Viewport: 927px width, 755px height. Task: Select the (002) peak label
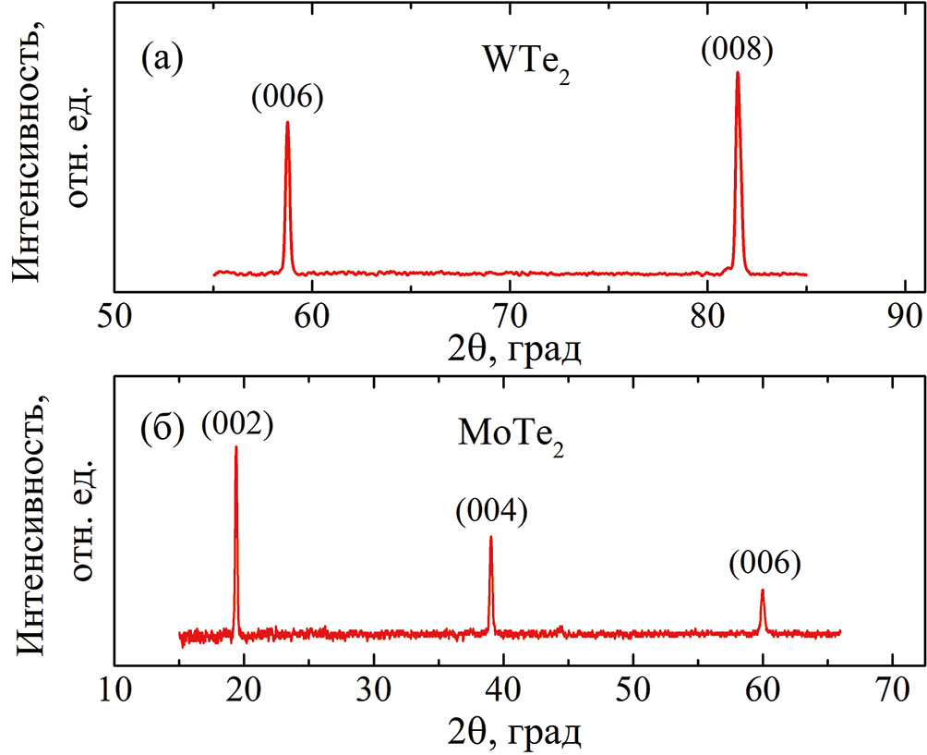236,424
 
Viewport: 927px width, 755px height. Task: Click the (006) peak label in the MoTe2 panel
763,563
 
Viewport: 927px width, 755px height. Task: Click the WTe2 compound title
524,65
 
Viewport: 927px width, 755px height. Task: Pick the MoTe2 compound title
511,435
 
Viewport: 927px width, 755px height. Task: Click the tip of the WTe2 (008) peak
738,73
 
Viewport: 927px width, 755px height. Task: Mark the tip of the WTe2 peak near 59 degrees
287,122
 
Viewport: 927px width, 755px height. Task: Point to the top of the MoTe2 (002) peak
236,447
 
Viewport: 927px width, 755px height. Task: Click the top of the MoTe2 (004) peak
490,537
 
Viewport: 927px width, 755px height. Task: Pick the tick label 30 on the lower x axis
374,690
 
